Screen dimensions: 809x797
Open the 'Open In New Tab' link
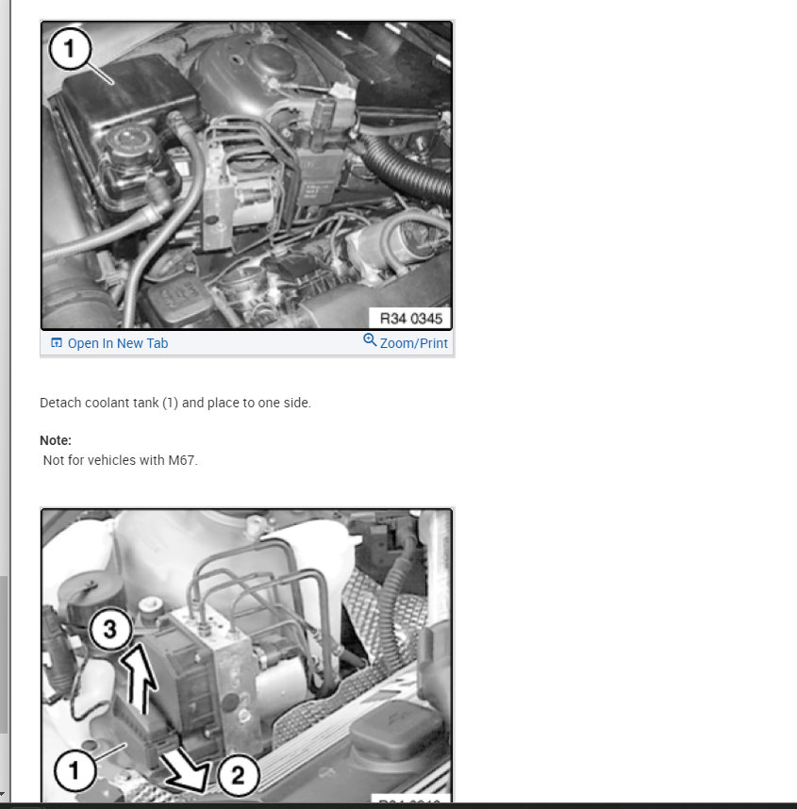(x=117, y=343)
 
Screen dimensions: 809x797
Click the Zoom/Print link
(x=413, y=343)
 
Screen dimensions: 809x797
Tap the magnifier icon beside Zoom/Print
(x=370, y=341)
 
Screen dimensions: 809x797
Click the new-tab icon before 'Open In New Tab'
(x=56, y=343)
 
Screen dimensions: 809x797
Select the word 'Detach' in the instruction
(x=59, y=403)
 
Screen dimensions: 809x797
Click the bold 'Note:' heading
(x=56, y=440)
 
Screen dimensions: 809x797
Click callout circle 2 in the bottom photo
(x=237, y=775)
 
